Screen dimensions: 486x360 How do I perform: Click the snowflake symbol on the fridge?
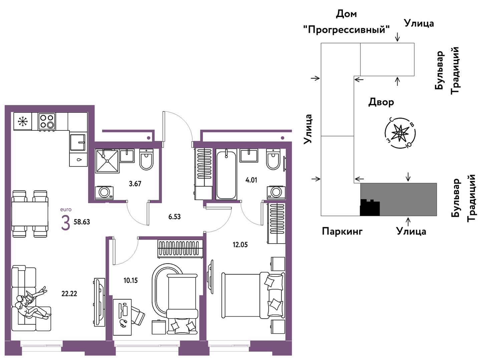[x=23, y=121]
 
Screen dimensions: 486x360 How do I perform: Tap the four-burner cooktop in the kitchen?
[x=47, y=121]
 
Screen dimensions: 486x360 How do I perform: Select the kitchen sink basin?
[x=77, y=142]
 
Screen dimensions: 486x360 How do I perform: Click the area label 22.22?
[x=69, y=294]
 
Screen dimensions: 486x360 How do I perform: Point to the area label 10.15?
[x=131, y=281]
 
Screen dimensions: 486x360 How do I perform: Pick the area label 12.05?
[x=240, y=245]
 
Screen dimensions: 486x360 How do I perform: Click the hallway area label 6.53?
[x=175, y=217]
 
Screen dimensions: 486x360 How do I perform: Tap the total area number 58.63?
[x=82, y=222]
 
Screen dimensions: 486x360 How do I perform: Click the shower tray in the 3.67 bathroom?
[x=107, y=161]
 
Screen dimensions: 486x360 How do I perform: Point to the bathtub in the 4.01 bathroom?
[x=226, y=174]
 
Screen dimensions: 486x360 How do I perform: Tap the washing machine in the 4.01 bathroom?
[x=276, y=193]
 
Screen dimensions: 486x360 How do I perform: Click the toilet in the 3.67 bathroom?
[x=147, y=159]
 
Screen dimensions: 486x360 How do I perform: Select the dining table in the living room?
[x=30, y=214]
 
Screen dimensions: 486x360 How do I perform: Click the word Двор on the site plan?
[x=381, y=102]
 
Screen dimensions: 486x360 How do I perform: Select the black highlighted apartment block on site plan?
[x=370, y=208]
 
